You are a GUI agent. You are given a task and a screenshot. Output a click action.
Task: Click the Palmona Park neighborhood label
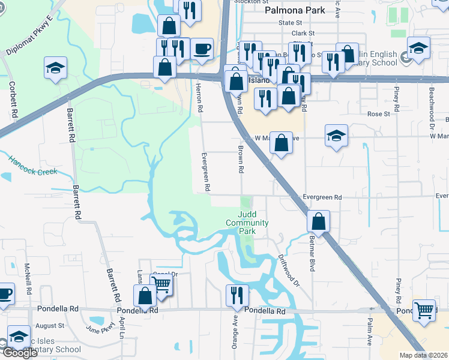tap(295, 10)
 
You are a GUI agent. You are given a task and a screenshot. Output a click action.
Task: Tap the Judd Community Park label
tap(247, 223)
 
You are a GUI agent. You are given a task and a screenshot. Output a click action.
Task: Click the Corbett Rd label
tap(12, 100)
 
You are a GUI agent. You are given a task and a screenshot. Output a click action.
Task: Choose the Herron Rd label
tap(199, 98)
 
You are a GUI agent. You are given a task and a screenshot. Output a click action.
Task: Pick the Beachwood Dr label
tap(432, 100)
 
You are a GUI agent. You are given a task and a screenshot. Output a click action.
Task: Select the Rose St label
tap(378, 113)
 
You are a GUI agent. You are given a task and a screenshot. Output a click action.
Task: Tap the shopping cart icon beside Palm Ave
tap(424, 310)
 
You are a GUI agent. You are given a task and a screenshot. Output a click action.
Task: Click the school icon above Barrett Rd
tap(55, 68)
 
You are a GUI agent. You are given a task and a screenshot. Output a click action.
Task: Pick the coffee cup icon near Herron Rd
tap(202, 49)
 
